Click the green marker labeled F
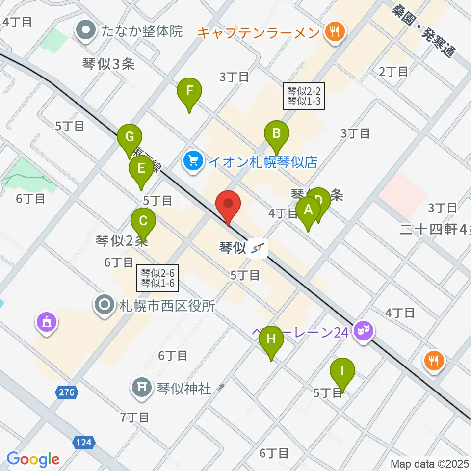(189, 91)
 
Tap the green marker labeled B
(276, 133)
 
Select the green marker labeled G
(130, 137)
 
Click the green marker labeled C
(143, 221)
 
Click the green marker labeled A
(309, 210)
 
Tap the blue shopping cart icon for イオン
(194, 161)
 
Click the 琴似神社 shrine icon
(142, 389)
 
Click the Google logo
(33, 459)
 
